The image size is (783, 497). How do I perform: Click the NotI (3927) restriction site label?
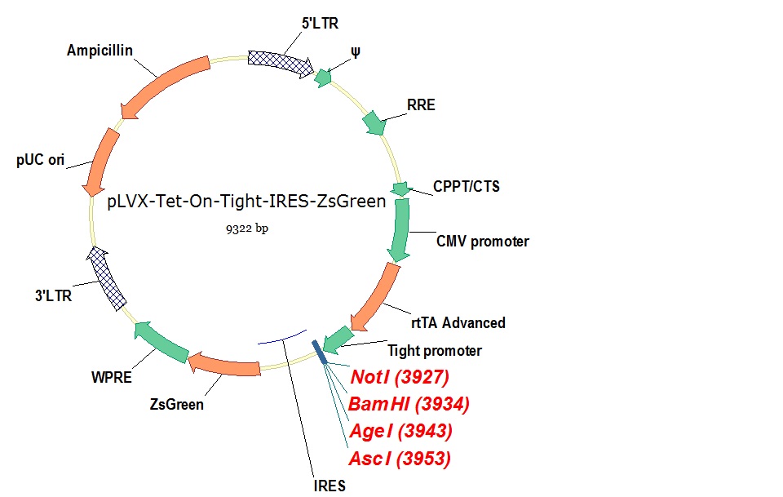(400, 377)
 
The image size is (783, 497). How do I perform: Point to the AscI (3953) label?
(399, 459)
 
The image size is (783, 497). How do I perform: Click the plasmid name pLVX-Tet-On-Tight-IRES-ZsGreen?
(247, 202)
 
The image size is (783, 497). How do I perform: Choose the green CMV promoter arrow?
(399, 229)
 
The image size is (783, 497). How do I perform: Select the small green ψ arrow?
(324, 78)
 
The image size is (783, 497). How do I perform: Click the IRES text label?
(330, 486)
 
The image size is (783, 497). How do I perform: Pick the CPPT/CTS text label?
(467, 187)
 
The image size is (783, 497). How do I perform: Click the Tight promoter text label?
(434, 351)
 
